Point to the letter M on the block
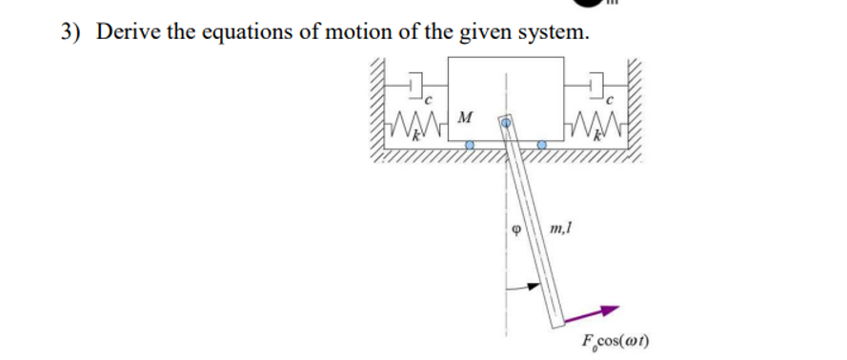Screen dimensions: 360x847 [466, 117]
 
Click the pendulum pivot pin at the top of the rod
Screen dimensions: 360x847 [508, 124]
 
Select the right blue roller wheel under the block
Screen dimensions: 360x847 [542, 146]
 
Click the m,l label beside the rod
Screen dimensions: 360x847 [559, 229]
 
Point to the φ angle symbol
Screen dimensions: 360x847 [515, 230]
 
